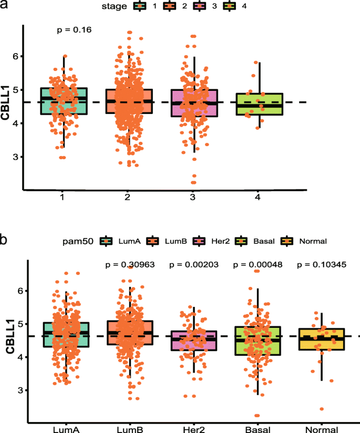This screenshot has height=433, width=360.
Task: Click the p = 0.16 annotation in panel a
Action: (74, 30)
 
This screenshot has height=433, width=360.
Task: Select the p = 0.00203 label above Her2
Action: (192, 264)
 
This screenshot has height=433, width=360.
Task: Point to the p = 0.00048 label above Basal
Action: (258, 264)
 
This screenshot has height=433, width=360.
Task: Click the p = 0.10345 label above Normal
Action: (323, 264)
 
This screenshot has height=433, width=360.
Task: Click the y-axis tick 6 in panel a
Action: (15, 56)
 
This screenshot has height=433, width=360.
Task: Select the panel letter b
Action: (4, 240)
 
